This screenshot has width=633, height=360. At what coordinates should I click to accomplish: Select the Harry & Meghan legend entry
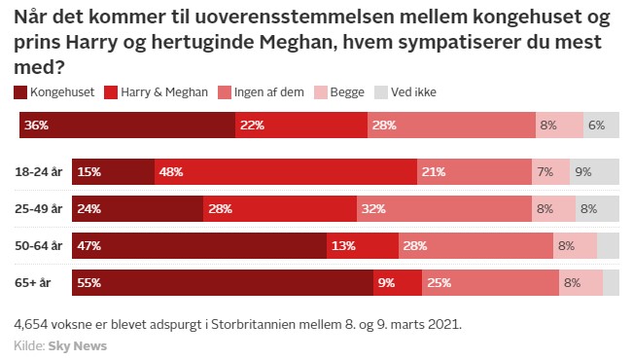pos(163,92)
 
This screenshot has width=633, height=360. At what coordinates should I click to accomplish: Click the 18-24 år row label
pos(39,172)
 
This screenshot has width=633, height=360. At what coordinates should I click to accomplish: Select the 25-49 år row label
pos(39,208)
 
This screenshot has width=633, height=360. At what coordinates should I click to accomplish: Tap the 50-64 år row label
pos(39,245)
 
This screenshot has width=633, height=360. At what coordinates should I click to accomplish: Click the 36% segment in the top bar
pos(127,126)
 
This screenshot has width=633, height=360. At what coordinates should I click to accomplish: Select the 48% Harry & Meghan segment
pos(286,172)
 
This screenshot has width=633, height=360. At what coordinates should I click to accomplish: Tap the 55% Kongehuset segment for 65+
pos(223,283)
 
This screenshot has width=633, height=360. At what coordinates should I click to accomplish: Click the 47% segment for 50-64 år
pos(199,246)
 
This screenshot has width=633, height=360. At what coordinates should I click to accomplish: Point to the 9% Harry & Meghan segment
pos(397,283)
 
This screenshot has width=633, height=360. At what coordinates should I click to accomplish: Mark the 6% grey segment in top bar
pos(601,126)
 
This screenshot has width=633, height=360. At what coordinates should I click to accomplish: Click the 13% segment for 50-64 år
pos(362,246)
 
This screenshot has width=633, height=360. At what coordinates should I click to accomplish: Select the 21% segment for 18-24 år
pos(475,172)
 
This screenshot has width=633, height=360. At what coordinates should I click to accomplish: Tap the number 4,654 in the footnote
pos(31,323)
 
